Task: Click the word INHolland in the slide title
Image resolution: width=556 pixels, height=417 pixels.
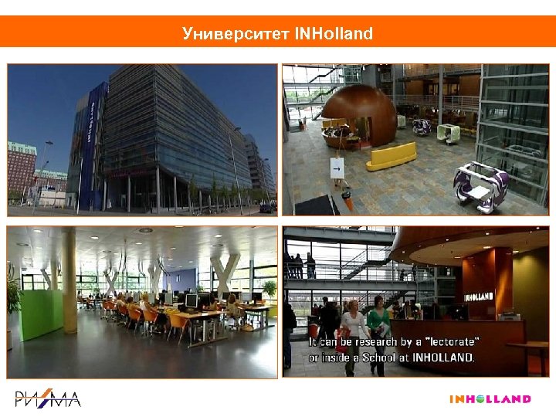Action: tap(334, 34)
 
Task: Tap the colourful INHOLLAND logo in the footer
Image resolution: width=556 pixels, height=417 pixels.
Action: tap(490, 399)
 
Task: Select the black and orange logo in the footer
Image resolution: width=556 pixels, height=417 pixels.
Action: tap(48, 399)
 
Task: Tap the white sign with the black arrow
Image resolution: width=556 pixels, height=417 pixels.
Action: tap(337, 166)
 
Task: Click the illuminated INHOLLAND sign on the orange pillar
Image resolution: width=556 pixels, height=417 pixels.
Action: tap(480, 296)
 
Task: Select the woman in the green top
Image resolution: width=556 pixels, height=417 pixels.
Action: tap(378, 328)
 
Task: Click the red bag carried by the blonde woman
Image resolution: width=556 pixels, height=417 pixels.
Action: tap(342, 341)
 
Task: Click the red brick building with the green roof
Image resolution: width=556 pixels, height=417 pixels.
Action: tap(21, 167)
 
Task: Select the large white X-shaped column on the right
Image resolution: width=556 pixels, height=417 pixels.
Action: tap(225, 275)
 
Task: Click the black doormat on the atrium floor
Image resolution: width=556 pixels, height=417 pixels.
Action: tap(317, 205)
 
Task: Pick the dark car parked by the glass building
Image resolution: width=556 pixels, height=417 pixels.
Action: tap(266, 208)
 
